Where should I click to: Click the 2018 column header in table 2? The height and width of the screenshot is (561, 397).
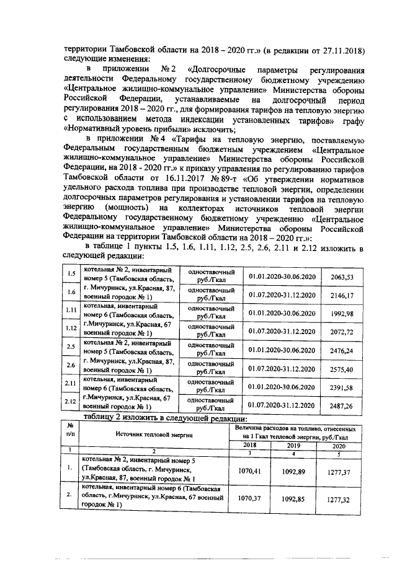tap(249, 445)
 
